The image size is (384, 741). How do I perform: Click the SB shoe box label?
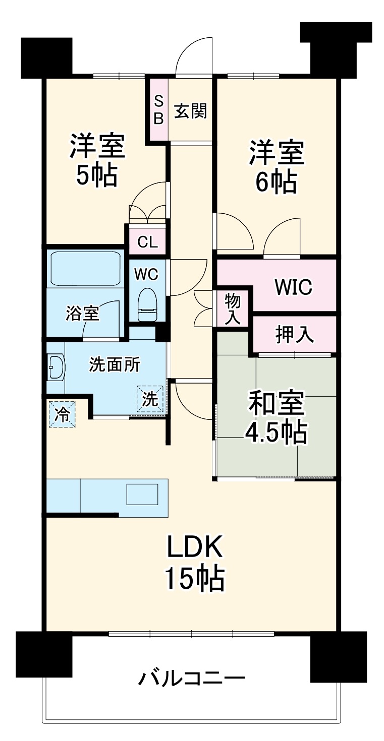point(158,110)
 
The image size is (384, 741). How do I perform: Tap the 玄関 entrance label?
point(190,110)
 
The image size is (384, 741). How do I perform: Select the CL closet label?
point(147,243)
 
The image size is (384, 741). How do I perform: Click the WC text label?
point(146,274)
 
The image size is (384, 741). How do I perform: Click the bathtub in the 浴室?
point(85,269)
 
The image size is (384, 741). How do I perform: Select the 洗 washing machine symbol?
point(150,399)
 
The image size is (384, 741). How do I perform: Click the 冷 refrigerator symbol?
point(62,414)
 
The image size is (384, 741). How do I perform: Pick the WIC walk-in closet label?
point(293,287)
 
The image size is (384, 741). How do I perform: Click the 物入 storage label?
point(233,308)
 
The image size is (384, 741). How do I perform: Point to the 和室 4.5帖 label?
point(276,416)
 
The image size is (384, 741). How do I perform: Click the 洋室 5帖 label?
point(96,160)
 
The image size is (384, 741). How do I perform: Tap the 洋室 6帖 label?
point(276,167)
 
